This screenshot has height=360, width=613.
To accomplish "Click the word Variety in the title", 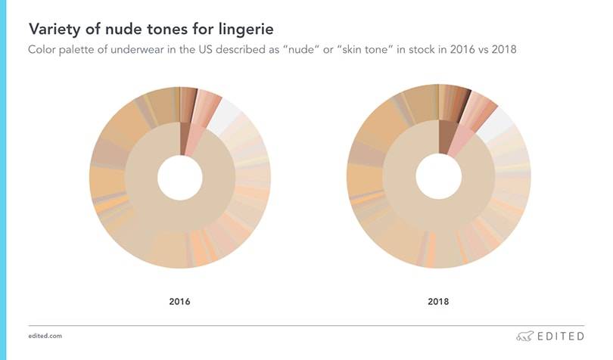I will pyautogui.click(x=54, y=29).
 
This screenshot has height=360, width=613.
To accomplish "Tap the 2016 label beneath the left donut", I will pyautogui.click(x=179, y=302).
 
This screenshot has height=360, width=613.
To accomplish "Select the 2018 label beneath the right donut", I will pyautogui.click(x=437, y=302).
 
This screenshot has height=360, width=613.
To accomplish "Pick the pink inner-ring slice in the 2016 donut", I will pyautogui.click(x=194, y=139).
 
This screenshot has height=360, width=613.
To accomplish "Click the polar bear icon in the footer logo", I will pyautogui.click(x=523, y=336).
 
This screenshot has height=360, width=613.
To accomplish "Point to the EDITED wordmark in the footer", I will pyautogui.click(x=560, y=336).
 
